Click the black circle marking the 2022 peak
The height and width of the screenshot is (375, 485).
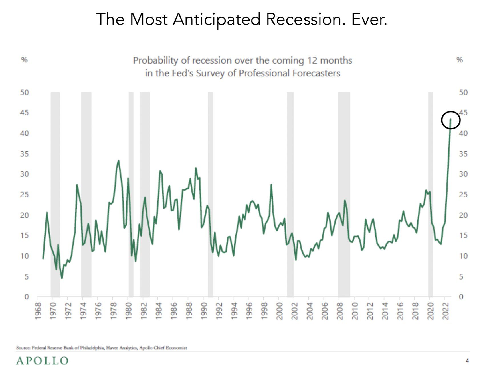(451, 120)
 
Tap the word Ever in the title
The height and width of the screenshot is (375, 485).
(369, 19)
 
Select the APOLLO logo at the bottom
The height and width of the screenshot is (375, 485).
(42, 361)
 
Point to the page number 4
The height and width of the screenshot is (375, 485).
(467, 361)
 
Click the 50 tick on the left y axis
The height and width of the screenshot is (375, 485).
(25, 93)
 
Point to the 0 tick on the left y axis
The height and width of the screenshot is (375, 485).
(27, 297)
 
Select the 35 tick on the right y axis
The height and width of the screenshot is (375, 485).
(463, 154)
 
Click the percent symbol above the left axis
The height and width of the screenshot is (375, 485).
(25, 60)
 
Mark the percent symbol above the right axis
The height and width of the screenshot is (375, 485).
(460, 60)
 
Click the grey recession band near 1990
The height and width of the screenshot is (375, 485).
(210, 194)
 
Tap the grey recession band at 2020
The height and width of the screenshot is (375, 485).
(431, 194)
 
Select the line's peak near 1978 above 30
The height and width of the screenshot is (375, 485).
(118, 161)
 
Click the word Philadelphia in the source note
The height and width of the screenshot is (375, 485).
(89, 348)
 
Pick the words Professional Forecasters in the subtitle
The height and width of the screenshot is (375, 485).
(289, 73)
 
